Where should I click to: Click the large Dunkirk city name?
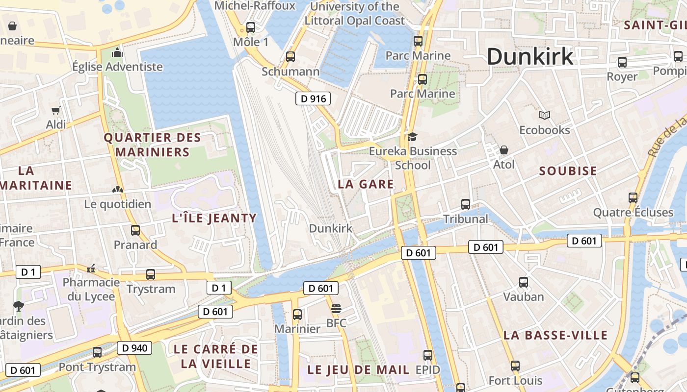[530, 56]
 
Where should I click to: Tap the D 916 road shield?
[313, 98]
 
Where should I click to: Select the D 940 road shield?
[134, 348]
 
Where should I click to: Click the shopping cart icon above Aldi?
[56, 111]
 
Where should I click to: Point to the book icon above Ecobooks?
[544, 116]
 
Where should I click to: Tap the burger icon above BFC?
[336, 309]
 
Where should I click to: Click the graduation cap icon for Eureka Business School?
[412, 137]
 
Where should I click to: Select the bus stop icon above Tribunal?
[465, 204]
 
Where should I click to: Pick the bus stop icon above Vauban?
[524, 282]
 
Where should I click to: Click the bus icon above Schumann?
[291, 57]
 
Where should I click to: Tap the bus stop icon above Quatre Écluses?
[633, 198]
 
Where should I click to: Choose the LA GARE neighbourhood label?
[366, 184]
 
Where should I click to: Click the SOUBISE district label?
[568, 171]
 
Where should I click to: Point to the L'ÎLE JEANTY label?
[214, 218]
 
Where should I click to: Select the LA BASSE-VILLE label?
[555, 335]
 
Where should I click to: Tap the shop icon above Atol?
[503, 150]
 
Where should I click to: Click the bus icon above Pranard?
[135, 230]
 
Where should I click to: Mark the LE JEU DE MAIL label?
[358, 370]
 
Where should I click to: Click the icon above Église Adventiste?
[117, 52]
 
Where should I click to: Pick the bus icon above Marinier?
[297, 315]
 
